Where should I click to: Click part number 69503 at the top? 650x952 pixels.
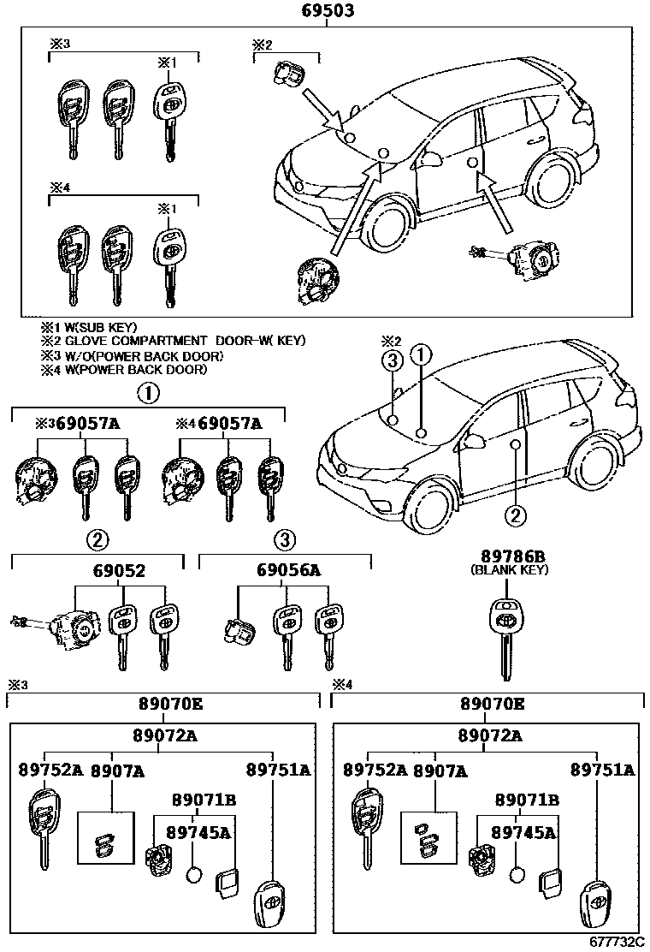[328, 11]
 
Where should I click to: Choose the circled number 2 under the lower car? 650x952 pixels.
[515, 515]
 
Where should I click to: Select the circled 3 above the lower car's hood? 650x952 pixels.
[393, 362]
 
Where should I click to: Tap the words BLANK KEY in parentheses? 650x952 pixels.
[509, 569]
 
